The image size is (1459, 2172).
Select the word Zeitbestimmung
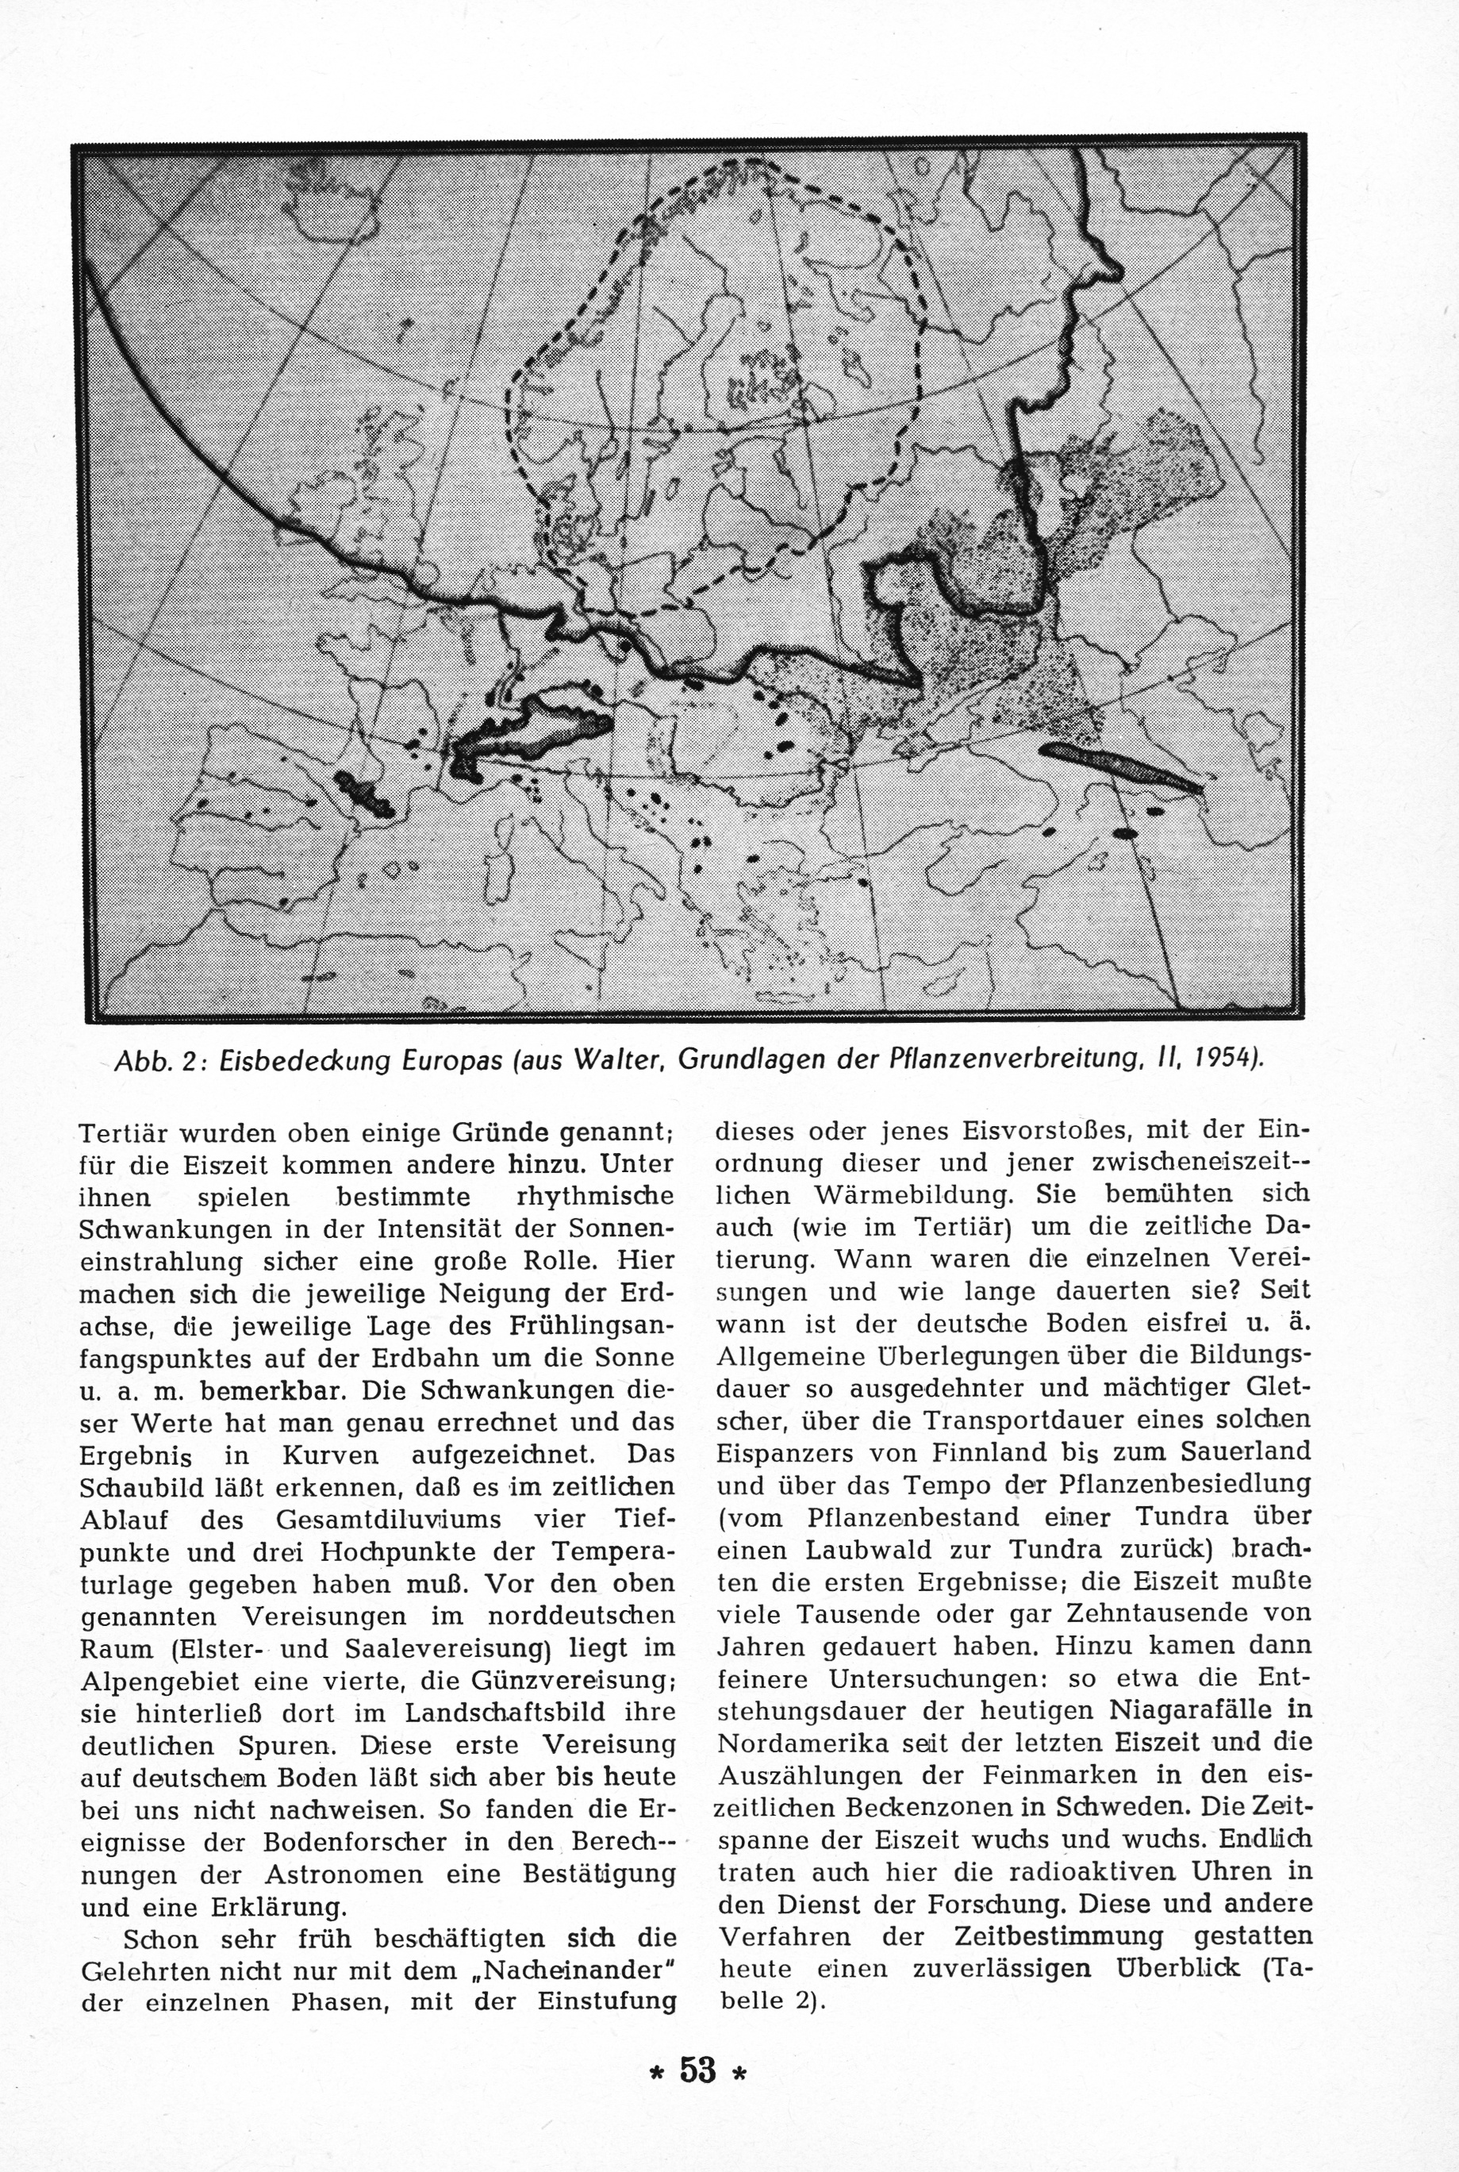pyautogui.click(x=1059, y=1937)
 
